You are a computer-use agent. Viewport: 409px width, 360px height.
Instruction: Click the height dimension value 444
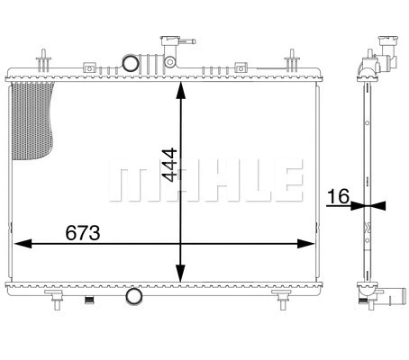tap(168, 164)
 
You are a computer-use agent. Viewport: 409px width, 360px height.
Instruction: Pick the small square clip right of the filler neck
tap(241, 65)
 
